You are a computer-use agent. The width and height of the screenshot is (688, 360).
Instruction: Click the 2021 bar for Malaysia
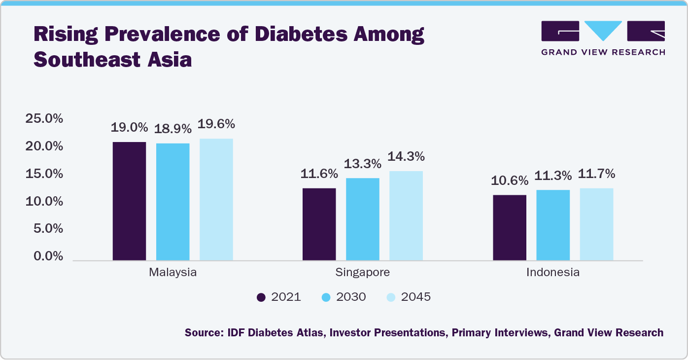[x=129, y=201]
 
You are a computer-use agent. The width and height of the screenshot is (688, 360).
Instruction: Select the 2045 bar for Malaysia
[x=216, y=200]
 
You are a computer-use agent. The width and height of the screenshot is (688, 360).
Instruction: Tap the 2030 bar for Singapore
[x=362, y=219]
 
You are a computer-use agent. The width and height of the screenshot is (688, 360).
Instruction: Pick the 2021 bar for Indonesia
[x=510, y=228]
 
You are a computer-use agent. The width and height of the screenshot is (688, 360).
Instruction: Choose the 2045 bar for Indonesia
[x=596, y=224]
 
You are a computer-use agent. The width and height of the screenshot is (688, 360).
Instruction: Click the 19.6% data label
[x=216, y=124]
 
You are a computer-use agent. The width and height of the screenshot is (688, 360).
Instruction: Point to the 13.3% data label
[x=362, y=163]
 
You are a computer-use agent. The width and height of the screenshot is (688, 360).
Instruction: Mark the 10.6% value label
[x=510, y=180]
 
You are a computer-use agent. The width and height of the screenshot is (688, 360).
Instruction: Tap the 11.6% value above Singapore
[x=319, y=174]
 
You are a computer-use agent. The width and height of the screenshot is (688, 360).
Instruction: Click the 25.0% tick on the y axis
[x=44, y=119]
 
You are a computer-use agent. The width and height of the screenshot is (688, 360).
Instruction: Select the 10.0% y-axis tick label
[x=44, y=201]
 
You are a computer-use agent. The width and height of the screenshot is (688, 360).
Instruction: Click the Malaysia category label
[x=172, y=272]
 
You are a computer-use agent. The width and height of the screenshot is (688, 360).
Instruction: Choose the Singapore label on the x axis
[x=362, y=272]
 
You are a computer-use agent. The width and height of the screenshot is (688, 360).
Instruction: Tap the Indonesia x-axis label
[x=553, y=272]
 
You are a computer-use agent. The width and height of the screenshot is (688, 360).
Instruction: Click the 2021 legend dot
[x=261, y=297]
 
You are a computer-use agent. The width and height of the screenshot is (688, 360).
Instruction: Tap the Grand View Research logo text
[x=603, y=52]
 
